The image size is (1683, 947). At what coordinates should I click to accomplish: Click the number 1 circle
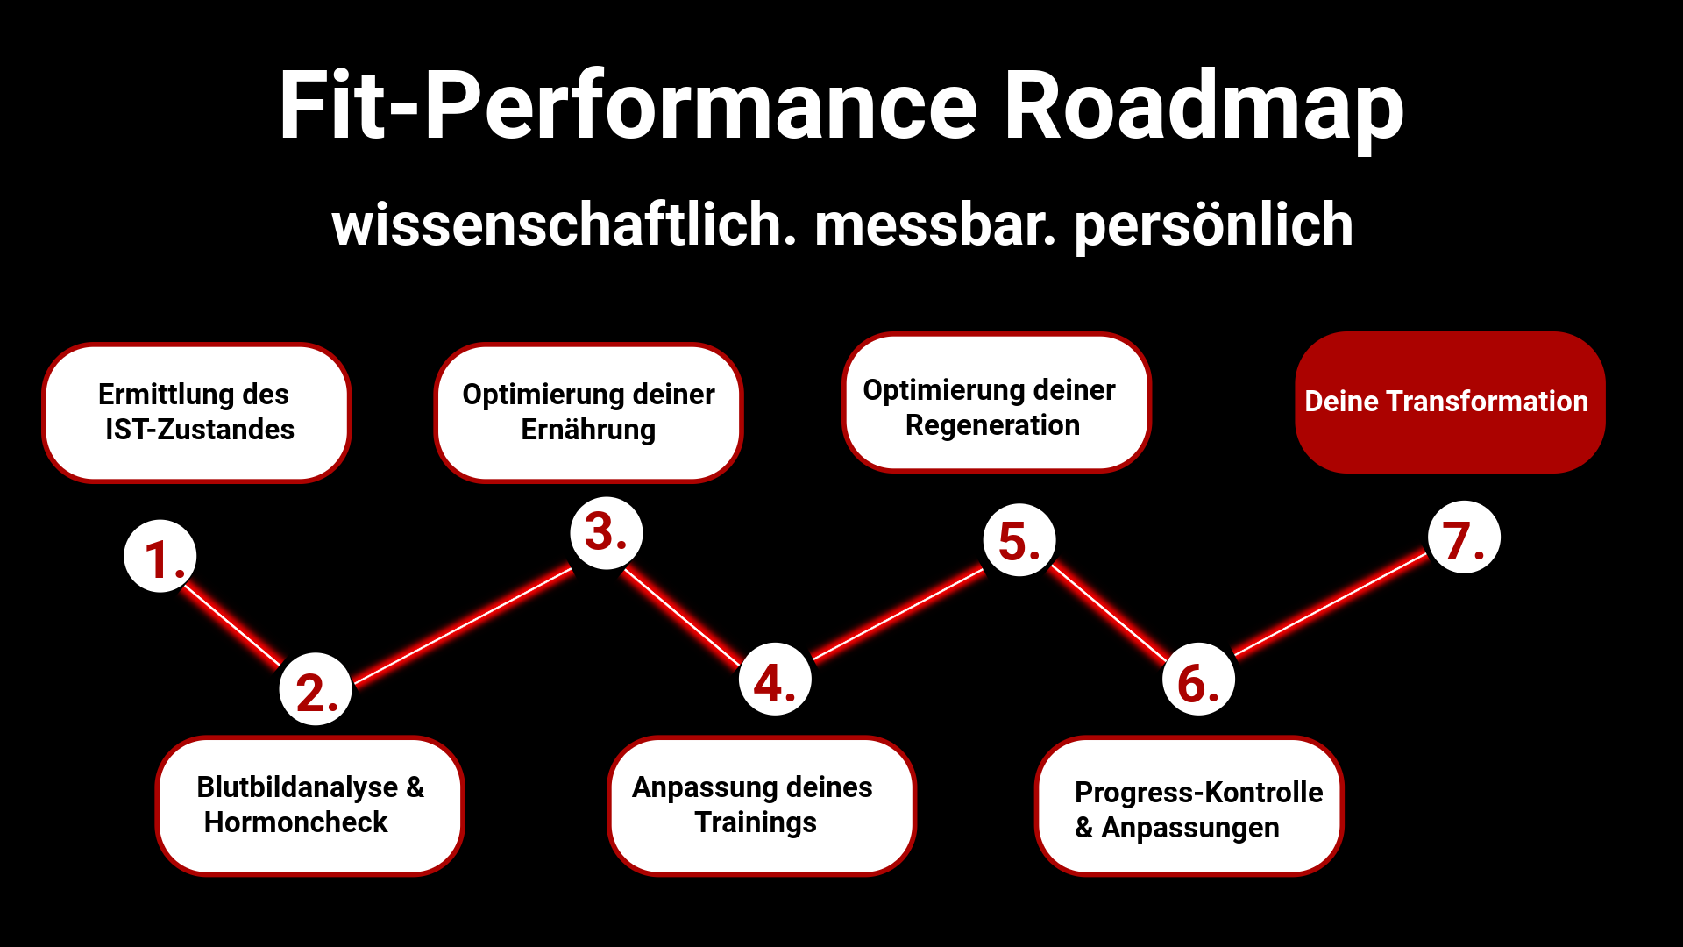point(160,556)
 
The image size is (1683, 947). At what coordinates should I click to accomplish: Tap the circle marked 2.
point(316,689)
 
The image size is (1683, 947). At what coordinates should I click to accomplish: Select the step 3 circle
point(607,533)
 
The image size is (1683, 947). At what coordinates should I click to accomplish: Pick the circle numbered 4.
point(776,679)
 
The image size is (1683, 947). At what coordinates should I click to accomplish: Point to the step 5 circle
point(1019,539)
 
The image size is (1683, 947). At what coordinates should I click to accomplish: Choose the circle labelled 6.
point(1199,679)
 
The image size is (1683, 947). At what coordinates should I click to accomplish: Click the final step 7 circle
point(1464,537)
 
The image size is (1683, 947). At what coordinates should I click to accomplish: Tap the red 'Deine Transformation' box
point(1450,402)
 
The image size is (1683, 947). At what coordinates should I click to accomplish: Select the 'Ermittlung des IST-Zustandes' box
point(196,412)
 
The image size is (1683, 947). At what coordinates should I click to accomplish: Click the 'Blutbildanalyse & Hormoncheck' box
point(310,805)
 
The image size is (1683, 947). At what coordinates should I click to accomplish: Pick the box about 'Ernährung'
point(588,412)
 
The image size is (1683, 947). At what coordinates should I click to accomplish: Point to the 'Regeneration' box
point(997,402)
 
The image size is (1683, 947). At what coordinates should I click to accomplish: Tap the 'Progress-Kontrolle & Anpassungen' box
point(1189,805)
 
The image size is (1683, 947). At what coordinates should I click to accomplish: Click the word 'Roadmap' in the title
point(1204,107)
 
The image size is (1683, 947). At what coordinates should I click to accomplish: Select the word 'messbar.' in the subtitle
point(935,225)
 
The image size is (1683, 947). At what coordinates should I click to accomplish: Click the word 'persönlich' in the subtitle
point(1214,226)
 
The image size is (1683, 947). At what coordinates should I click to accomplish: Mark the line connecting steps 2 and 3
point(463,625)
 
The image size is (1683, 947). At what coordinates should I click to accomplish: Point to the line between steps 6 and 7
point(1331,604)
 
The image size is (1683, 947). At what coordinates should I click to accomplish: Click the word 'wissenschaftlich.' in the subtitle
point(565,224)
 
